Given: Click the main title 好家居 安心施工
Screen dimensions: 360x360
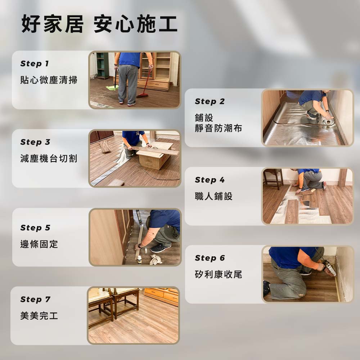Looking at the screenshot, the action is pyautogui.click(x=99, y=24).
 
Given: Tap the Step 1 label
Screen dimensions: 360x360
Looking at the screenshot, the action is pyautogui.click(x=35, y=64).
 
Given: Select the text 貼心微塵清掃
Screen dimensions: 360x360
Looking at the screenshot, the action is pyautogui.click(x=49, y=80).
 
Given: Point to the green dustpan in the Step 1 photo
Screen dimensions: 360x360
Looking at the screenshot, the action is pyautogui.click(x=112, y=87).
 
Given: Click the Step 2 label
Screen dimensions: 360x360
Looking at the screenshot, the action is pyautogui.click(x=210, y=101).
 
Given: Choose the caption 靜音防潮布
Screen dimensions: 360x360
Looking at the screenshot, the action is pyautogui.click(x=219, y=128).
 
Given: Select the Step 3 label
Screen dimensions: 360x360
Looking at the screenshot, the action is pyautogui.click(x=35, y=142).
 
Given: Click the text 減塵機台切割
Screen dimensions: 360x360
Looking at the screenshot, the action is pyautogui.click(x=49, y=158).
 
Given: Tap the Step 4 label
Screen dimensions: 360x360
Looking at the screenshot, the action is pyautogui.click(x=210, y=180).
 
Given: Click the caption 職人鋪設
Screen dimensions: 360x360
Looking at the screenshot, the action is pyautogui.click(x=214, y=196).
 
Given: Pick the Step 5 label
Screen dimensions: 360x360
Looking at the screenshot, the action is pyautogui.click(x=35, y=228).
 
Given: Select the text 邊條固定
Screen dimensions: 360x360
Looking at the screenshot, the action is pyautogui.click(x=39, y=244).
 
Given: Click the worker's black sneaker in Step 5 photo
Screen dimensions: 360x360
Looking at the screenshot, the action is pyautogui.click(x=161, y=248).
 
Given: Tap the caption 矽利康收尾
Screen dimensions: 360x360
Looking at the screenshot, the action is pyautogui.click(x=219, y=274).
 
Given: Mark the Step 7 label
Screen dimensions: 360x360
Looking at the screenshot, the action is pyautogui.click(x=35, y=300).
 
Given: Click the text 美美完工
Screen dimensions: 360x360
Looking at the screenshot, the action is pyautogui.click(x=39, y=316).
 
